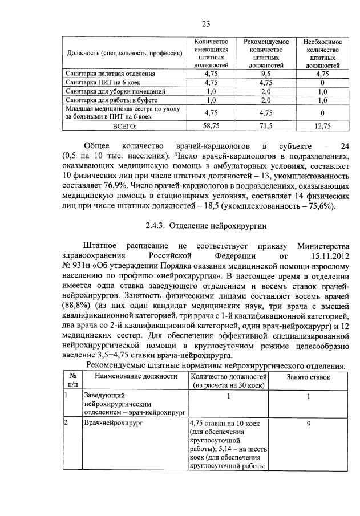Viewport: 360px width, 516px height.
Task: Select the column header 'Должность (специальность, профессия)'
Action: (124, 54)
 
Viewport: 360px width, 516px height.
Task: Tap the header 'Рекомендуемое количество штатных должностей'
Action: (266, 54)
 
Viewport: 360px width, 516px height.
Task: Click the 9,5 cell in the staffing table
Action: (266, 74)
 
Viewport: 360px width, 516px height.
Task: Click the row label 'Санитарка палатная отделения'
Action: (110, 74)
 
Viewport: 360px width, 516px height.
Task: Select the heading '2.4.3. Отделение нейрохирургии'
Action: (189, 226)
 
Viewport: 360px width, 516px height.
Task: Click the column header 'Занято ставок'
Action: (308, 377)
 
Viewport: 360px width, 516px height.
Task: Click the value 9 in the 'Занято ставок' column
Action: (308, 424)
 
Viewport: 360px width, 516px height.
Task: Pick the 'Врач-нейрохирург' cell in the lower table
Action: (113, 424)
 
